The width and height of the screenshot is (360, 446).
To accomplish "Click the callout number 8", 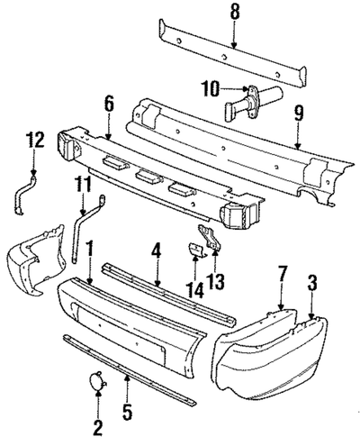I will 234,12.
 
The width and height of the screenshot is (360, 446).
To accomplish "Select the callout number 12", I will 33,140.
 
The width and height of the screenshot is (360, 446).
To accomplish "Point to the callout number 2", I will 96,425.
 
